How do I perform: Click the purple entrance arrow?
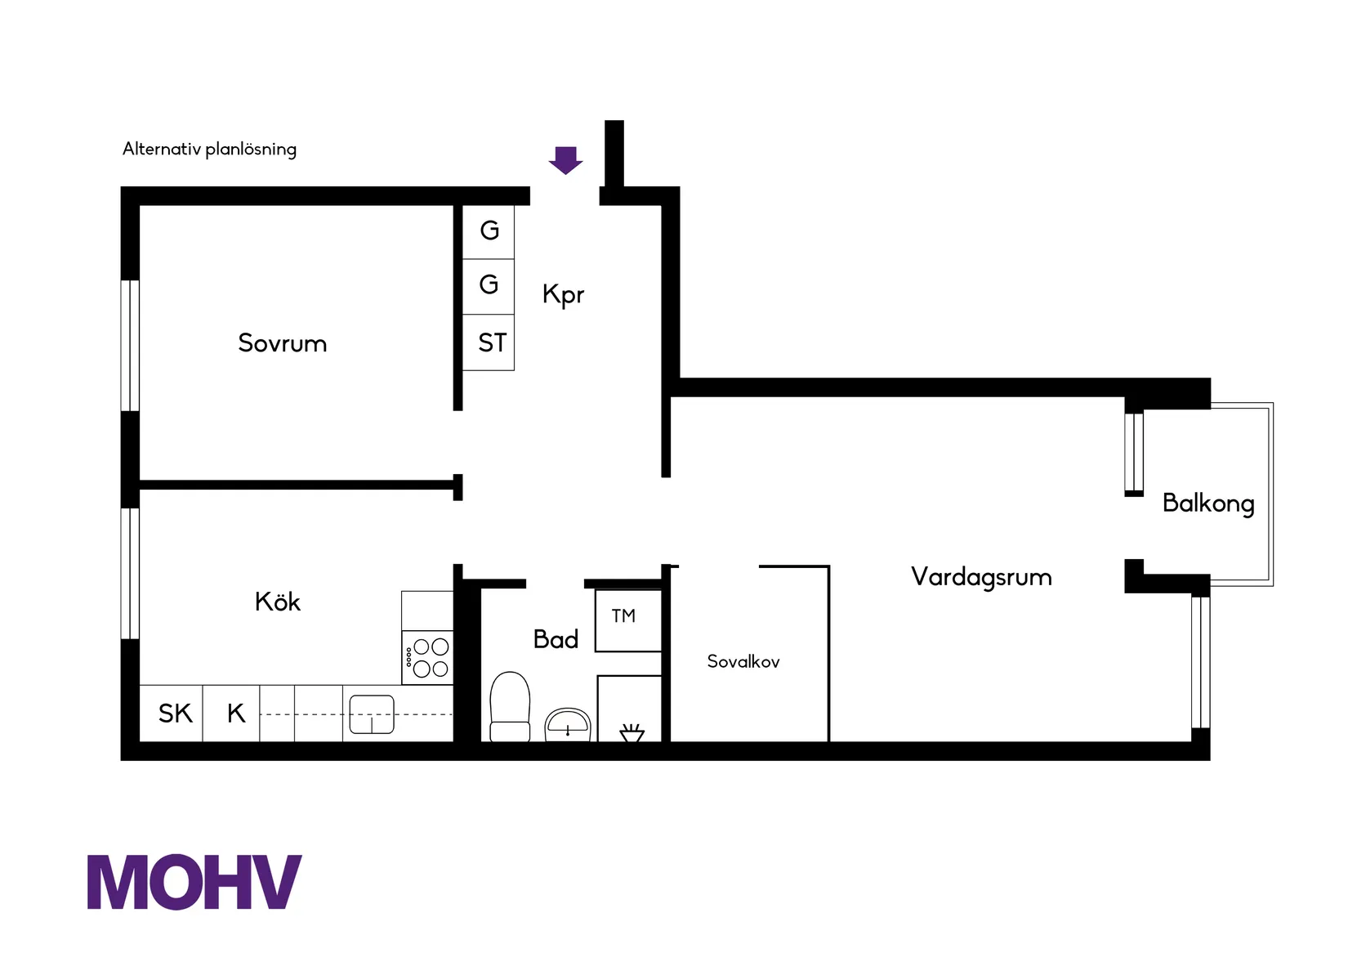(x=565, y=160)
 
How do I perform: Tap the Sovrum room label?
(x=282, y=343)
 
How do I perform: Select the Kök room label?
(x=278, y=602)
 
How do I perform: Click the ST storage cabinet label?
(x=492, y=343)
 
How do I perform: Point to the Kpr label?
(x=563, y=294)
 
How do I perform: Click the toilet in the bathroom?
(x=510, y=708)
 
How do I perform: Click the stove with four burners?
(x=427, y=658)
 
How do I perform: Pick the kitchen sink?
(x=372, y=714)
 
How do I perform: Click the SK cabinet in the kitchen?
(x=175, y=714)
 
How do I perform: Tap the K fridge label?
(x=235, y=714)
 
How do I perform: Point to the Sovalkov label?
(x=743, y=662)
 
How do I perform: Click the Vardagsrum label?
(x=981, y=578)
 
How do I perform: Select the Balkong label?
(x=1207, y=503)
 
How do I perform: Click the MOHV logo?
(x=194, y=883)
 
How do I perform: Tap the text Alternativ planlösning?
(x=209, y=149)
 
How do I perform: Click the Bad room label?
(x=556, y=639)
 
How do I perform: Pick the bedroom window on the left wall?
(x=130, y=345)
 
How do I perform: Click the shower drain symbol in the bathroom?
(x=632, y=732)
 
